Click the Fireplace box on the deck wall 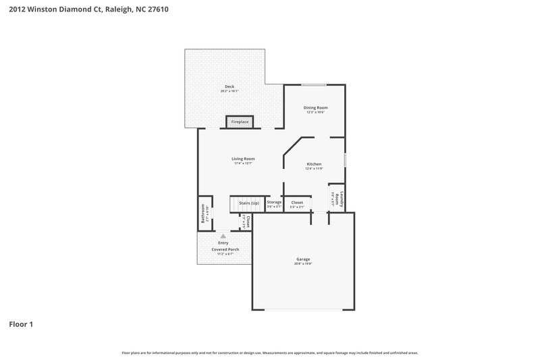240,122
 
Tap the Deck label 230,86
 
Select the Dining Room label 315,107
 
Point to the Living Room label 243,159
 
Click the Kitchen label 315,164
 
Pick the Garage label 303,259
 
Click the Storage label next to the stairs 274,202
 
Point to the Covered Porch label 225,249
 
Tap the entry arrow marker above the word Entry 223,236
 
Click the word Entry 223,243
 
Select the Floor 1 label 21,325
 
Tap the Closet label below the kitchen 297,202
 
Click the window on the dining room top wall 315,84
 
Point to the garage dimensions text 303,264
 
